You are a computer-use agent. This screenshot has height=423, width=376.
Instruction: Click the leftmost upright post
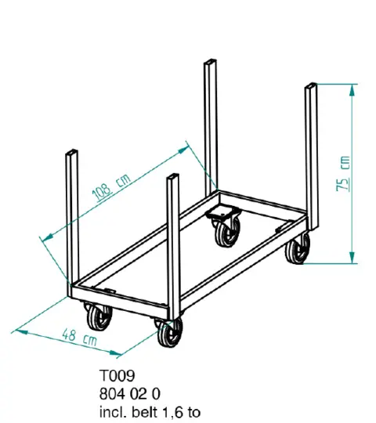click(70, 219)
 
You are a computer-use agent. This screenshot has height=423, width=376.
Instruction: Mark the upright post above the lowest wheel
click(173, 243)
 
